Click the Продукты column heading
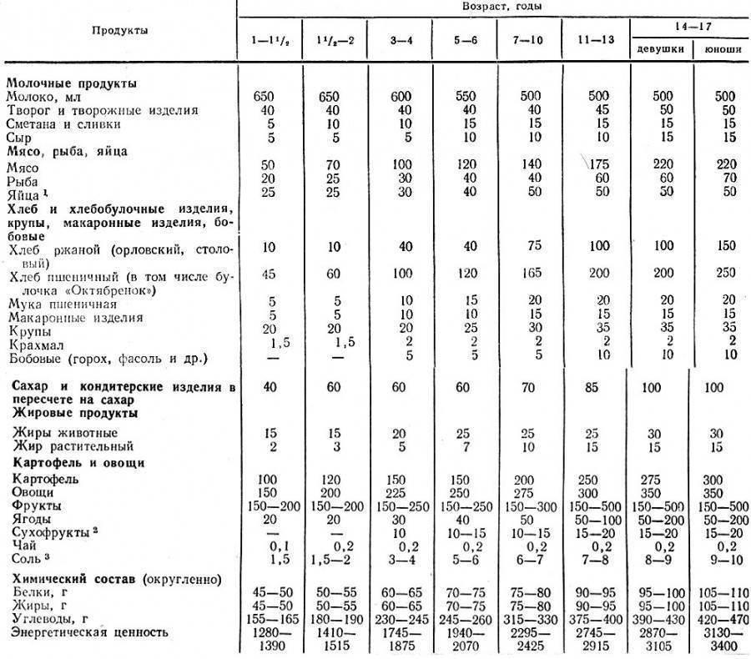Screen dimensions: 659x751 tap(119, 30)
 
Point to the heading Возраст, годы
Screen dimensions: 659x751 tap(493, 6)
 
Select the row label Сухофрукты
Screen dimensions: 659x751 tap(49, 531)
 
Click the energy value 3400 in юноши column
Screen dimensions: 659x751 tap(720, 646)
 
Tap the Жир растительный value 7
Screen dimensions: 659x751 tap(463, 446)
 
